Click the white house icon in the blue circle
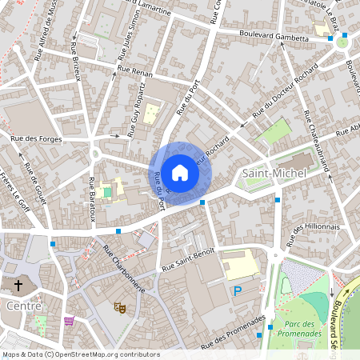pos(180,172)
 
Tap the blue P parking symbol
pos(237,292)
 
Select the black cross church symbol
pos(18,285)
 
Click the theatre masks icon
pos(121,306)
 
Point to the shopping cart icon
pos(69,321)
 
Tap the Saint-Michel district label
pos(270,174)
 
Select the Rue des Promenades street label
pos(234,330)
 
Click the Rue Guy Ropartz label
pos(138,108)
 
